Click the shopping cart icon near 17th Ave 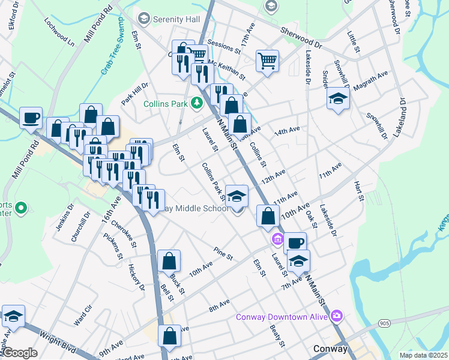tap(267, 60)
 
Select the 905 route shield tap(385, 323)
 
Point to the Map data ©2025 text tap(423, 355)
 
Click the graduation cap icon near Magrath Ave tap(338, 98)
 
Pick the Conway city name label tap(331, 349)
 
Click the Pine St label tap(223, 254)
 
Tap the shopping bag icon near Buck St tap(169, 261)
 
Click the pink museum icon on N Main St tap(277, 239)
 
